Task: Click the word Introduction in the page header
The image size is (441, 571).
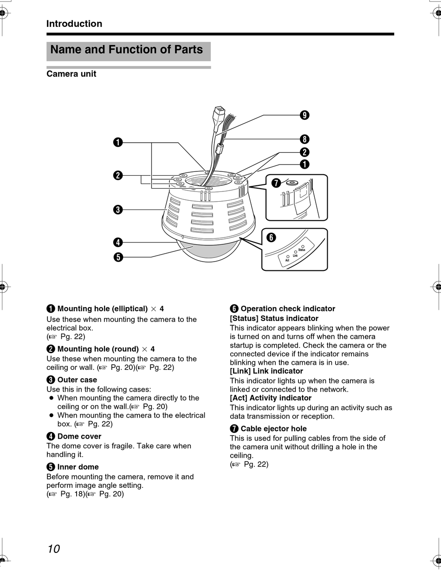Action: [74, 24]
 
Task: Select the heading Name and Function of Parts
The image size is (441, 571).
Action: [126, 50]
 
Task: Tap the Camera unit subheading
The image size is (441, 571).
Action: [71, 74]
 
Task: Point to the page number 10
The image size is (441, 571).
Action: [53, 549]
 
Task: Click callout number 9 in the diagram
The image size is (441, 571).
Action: [305, 115]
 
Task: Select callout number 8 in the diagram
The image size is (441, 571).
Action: [305, 139]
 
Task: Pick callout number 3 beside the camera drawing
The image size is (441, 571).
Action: [118, 210]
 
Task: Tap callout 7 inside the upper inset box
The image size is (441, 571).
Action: [276, 183]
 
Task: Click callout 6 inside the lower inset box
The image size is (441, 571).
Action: [271, 238]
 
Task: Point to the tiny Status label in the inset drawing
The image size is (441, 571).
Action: [302, 250]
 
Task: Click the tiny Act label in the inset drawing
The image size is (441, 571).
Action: [287, 260]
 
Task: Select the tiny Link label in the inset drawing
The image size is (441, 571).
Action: [295, 256]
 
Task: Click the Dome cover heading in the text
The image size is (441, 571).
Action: [79, 436]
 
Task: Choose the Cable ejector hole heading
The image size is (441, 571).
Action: [273, 429]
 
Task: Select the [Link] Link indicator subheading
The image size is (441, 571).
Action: [266, 371]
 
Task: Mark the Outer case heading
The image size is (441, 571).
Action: [77, 380]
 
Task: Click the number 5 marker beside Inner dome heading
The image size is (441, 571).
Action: [51, 467]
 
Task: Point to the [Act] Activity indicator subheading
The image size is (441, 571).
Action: [271, 398]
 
